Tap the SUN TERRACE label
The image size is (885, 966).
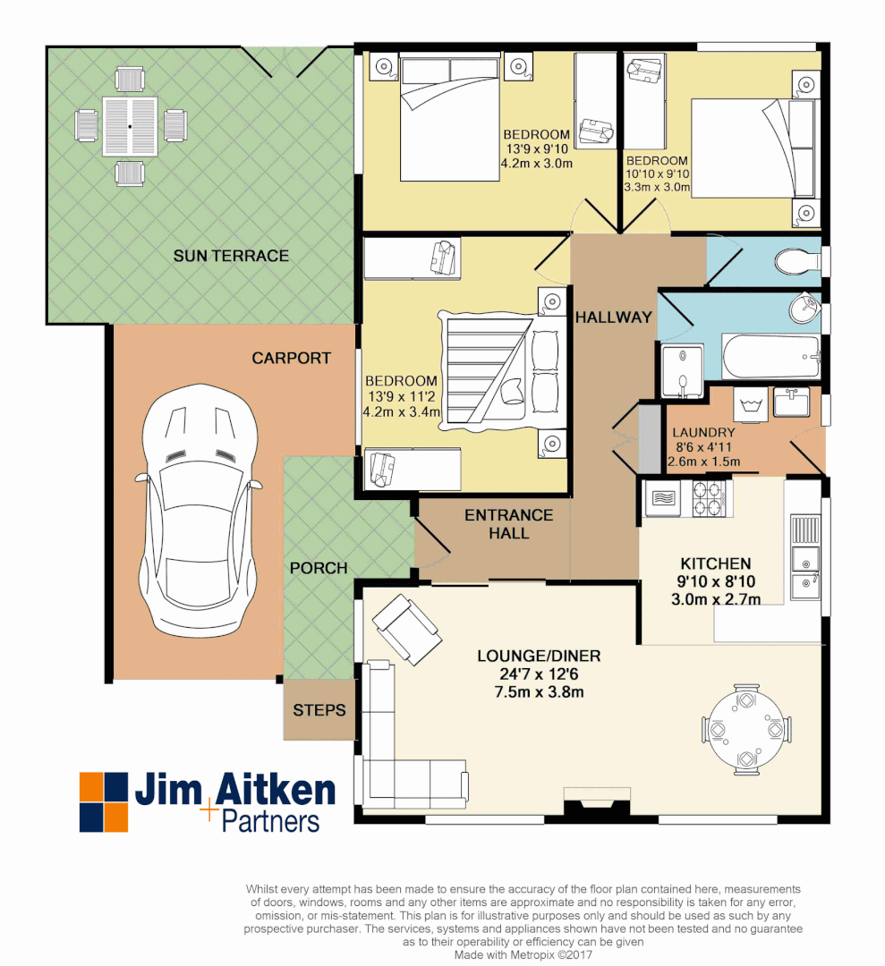click(x=231, y=257)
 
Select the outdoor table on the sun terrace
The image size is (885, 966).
click(x=130, y=127)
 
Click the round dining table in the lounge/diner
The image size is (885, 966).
click(x=745, y=728)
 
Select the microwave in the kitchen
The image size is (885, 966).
click(x=663, y=498)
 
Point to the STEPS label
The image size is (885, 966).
click(x=319, y=710)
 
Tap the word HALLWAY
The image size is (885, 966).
click(x=614, y=318)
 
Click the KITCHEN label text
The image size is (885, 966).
click(x=716, y=563)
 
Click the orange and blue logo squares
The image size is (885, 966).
click(x=104, y=801)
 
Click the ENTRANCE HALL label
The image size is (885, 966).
click(x=508, y=524)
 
